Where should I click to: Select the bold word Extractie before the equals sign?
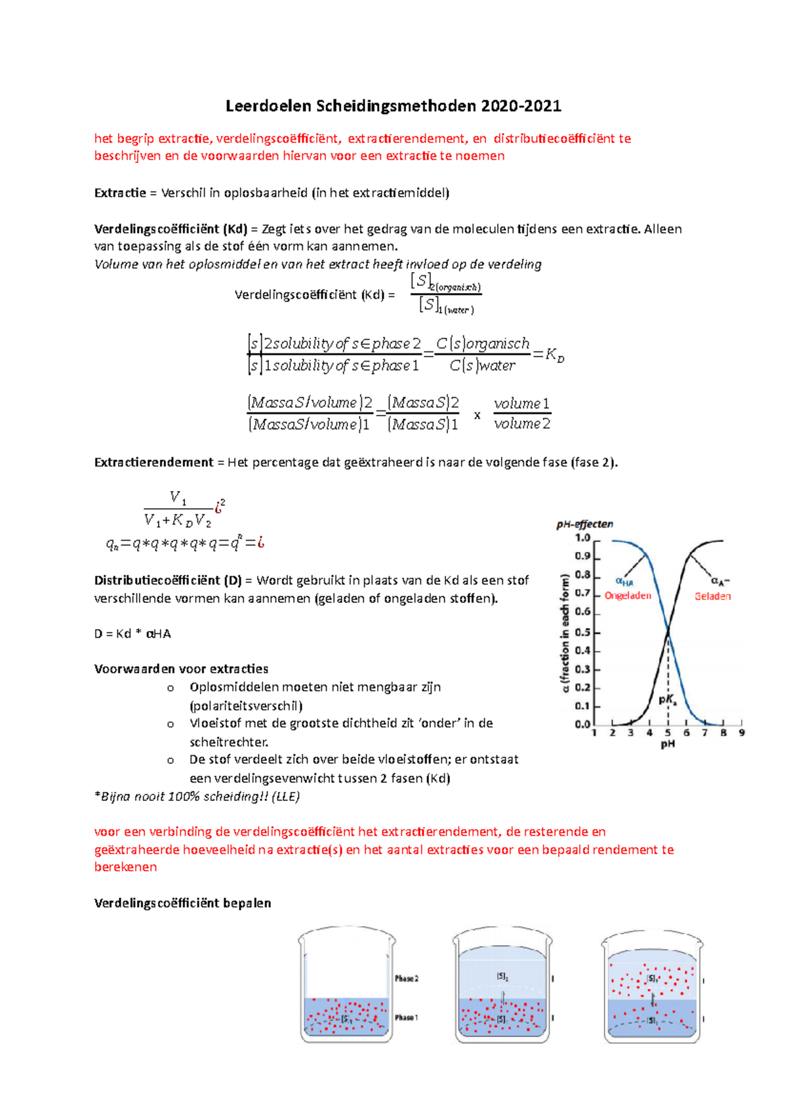click(120, 193)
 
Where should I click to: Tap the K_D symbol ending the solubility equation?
click(554, 355)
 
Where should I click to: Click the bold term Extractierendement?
click(153, 462)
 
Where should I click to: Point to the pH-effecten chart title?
click(584, 524)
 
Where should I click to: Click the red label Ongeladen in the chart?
click(628, 595)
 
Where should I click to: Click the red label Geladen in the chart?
click(712, 596)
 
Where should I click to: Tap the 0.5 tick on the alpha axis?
click(582, 633)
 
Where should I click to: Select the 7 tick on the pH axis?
click(705, 733)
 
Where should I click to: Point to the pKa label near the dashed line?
click(668, 699)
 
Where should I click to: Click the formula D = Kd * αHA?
click(132, 633)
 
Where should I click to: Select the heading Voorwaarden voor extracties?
click(181, 669)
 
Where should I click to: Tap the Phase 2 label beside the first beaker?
click(406, 978)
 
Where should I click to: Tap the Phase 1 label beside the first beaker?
click(406, 1017)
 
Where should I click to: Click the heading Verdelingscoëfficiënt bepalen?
click(182, 903)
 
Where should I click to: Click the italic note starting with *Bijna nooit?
click(197, 796)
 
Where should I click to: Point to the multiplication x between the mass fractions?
click(477, 415)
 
